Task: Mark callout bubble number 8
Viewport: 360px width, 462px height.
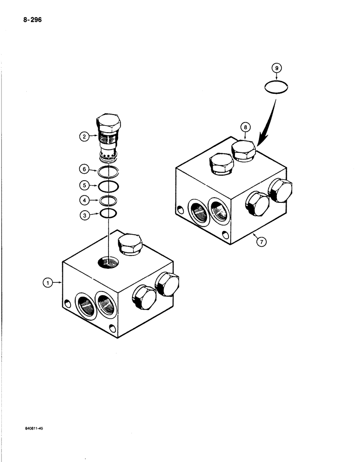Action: coord(246,127)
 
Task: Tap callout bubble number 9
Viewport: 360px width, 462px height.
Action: coord(277,68)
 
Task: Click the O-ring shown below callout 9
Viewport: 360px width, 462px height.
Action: coord(277,87)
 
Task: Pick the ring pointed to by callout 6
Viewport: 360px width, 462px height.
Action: coord(109,172)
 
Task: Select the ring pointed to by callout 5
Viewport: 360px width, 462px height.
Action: coord(109,187)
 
